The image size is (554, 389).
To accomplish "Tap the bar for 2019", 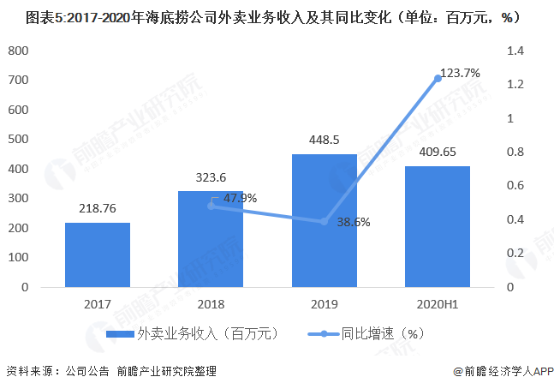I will [325, 220].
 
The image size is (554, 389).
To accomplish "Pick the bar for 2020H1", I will [438, 226].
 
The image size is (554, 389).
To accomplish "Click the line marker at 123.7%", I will [438, 79].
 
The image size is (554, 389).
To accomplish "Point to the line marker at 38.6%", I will [325, 222].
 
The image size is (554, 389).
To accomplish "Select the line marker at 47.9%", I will [211, 206].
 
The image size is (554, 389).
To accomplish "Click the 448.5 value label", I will [325, 141].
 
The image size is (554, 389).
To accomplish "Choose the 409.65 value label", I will [438, 152].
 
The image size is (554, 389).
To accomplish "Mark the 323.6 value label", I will [211, 177].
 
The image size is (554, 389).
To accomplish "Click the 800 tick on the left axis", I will [18, 51].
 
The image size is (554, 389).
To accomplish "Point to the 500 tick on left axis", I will [18, 140].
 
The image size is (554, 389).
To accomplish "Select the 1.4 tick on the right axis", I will [514, 51].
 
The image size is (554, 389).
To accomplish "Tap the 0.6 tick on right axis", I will [514, 186].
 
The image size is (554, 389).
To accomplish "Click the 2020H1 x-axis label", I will [438, 303].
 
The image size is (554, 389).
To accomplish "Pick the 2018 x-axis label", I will [211, 303].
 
